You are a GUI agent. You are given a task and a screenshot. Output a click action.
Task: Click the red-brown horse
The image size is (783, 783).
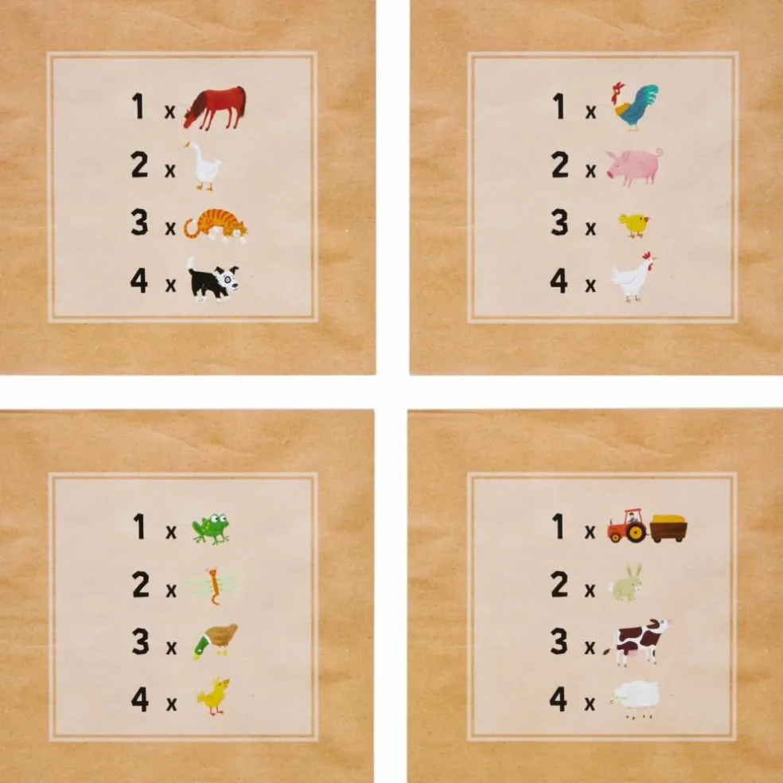215,107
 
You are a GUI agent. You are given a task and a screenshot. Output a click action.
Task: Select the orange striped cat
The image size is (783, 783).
216,225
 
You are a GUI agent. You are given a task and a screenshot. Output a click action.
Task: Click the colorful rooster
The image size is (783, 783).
635,106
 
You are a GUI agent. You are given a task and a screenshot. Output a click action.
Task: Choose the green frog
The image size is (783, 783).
211,528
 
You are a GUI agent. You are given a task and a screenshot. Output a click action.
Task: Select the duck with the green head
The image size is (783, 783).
215,641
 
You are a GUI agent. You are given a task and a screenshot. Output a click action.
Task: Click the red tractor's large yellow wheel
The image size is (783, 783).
635,533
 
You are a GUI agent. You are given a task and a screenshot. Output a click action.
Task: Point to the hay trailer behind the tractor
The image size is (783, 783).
668,528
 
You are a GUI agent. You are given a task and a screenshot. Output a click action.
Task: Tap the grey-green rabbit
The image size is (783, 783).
625,582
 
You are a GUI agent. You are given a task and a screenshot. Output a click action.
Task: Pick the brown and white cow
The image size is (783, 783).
637,641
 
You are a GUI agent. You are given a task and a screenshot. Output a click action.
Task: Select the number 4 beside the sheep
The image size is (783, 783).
559,699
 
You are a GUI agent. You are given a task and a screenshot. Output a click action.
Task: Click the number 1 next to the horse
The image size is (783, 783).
138,107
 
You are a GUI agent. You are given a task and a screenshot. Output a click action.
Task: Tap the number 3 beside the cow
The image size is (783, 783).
559,641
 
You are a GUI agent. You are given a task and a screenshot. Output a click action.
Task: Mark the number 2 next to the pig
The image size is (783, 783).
559,166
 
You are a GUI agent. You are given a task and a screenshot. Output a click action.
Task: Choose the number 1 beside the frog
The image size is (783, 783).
139,527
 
